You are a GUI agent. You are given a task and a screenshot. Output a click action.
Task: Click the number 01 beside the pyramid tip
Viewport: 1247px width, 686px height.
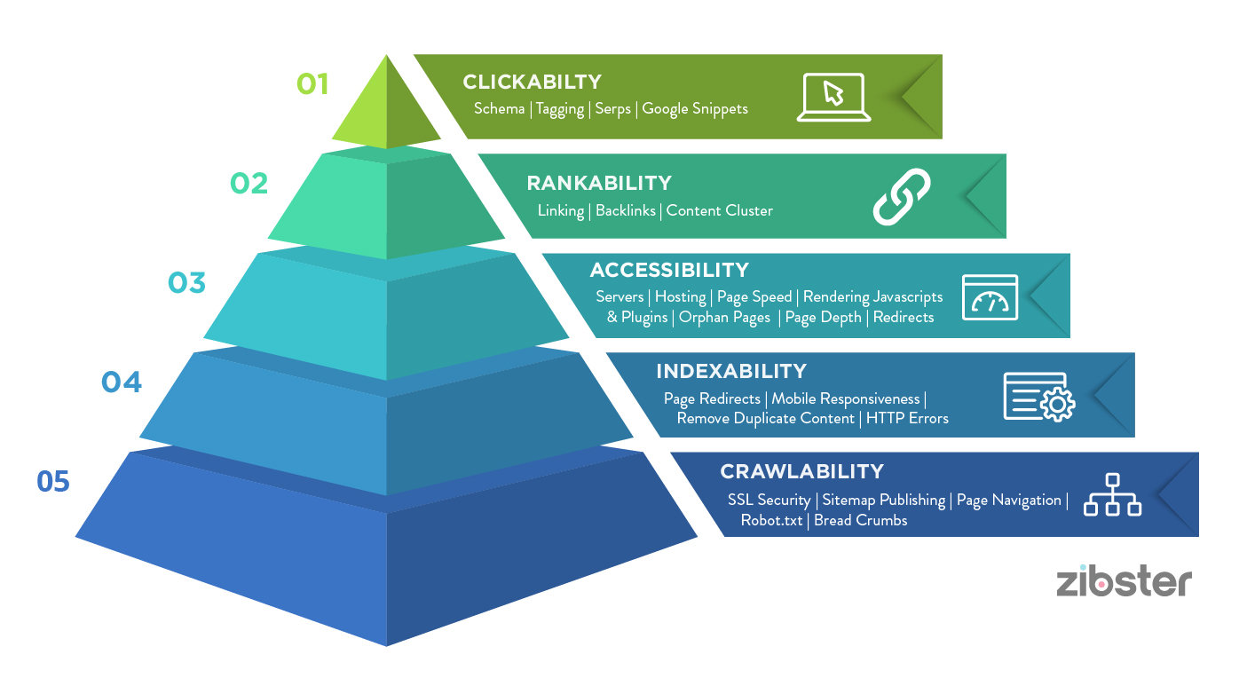coord(312,84)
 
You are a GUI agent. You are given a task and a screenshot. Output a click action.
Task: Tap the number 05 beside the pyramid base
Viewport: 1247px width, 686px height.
coord(53,482)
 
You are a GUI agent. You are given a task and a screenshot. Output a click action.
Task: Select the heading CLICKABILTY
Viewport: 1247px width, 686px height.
coord(533,83)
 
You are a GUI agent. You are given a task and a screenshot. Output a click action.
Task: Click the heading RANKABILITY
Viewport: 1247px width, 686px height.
coord(599,184)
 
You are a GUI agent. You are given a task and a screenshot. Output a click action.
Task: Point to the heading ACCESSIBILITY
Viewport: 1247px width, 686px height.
coord(669,270)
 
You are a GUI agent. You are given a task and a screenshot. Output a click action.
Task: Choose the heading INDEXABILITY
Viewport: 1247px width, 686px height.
coord(731,371)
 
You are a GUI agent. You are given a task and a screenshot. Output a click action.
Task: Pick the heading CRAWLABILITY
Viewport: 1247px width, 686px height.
coord(801,471)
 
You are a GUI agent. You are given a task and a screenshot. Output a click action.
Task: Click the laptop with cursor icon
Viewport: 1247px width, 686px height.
coord(833,97)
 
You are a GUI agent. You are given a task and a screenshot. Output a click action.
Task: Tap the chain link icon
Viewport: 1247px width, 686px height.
coord(901,196)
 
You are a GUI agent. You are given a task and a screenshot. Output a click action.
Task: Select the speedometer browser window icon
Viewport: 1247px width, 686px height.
coord(990,296)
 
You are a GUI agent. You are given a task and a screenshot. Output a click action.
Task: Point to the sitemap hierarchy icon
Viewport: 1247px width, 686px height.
coord(1112,495)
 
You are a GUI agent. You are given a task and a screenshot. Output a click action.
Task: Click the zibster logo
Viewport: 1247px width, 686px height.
coord(1124,582)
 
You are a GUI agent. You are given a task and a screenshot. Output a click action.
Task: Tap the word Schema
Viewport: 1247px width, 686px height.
coord(499,109)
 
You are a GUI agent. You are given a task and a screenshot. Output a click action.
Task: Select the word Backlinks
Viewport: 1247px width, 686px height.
coord(625,211)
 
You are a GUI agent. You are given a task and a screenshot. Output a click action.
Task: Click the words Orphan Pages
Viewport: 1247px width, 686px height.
coord(724,318)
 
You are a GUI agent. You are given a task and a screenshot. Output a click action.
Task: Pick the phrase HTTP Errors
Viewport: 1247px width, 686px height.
coord(907,418)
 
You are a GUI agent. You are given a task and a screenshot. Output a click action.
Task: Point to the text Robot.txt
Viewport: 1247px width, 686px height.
coord(771,520)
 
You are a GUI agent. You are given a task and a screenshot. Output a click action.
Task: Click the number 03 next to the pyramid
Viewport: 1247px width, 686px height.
coord(186,283)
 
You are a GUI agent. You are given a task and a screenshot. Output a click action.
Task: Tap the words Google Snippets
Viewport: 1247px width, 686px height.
coord(695,109)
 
